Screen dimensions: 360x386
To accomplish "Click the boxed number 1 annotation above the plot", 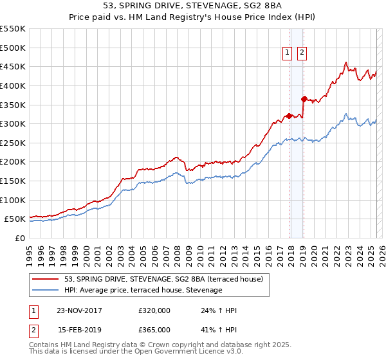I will click(x=286, y=54).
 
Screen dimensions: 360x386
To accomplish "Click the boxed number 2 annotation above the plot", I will click(x=301, y=54).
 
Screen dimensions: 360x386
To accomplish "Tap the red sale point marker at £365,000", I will click(x=303, y=99).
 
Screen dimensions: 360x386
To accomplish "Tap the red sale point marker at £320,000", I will click(x=289, y=116).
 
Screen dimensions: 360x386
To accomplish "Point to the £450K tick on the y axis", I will click(x=14, y=66).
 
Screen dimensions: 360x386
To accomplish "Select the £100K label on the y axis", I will click(x=14, y=200).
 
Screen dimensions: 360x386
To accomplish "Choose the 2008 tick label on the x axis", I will click(x=178, y=251).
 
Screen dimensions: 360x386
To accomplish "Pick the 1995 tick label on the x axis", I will click(x=30, y=251).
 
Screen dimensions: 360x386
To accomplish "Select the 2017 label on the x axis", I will click(x=280, y=251).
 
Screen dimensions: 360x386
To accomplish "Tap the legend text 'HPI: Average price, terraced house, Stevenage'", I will click(x=143, y=291).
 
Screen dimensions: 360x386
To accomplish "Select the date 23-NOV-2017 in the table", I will click(x=79, y=310).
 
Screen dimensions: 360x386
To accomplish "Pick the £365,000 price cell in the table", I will click(x=154, y=330).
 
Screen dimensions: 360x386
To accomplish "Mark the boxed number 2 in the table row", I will click(x=33, y=330).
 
